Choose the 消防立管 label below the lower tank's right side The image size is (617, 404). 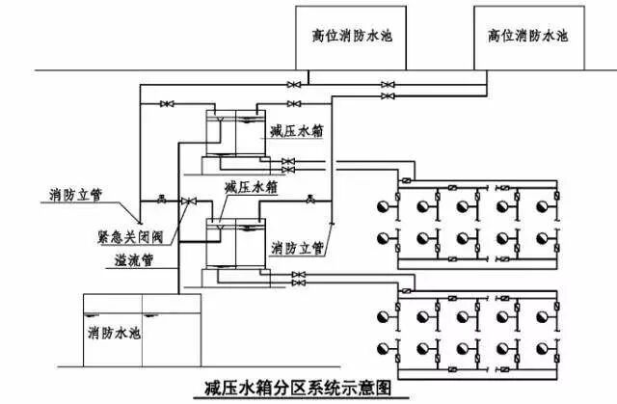(297, 247)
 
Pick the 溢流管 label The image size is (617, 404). (116, 259)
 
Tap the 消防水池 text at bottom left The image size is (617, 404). (113, 333)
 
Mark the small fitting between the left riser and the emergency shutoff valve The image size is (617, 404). (160, 199)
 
